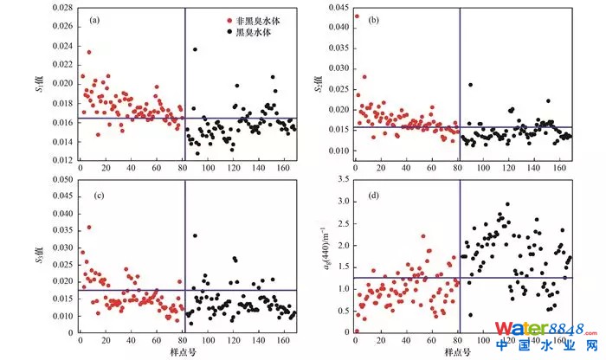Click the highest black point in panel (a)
pos(195,49)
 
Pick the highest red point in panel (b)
pos(357,16)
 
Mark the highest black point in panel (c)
pos(195,235)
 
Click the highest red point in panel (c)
pos(88,228)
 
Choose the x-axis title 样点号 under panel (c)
pos(179,351)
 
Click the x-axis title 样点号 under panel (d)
pos(457,351)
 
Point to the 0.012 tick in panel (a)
pos(61,161)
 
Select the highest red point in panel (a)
pos(88,52)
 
